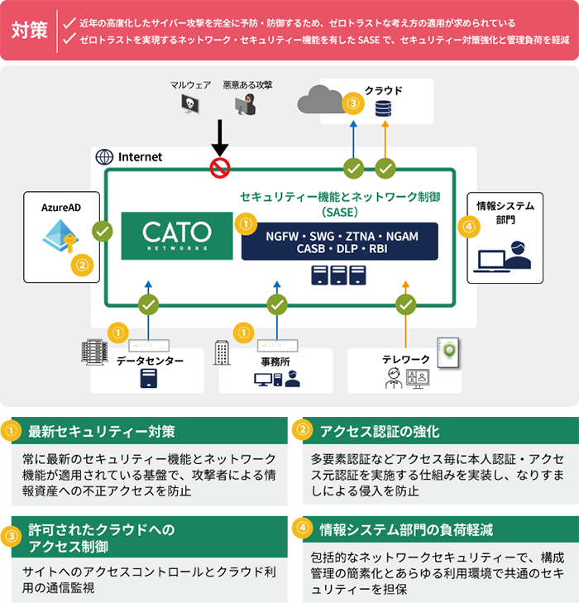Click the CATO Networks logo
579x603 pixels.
tap(177, 235)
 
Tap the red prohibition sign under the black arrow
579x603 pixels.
tap(219, 169)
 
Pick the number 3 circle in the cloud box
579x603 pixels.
tap(354, 104)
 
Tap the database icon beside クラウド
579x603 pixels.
tap(383, 108)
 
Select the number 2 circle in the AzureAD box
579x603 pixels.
tap(82, 266)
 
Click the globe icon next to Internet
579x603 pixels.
tap(104, 156)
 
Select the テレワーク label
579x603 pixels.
tap(405, 360)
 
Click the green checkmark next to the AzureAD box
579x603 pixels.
tap(103, 232)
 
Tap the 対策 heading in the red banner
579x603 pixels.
tap(29, 31)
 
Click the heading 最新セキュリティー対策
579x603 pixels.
tap(102, 431)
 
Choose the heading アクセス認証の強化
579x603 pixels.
tap(380, 431)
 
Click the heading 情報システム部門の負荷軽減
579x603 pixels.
tap(406, 529)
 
